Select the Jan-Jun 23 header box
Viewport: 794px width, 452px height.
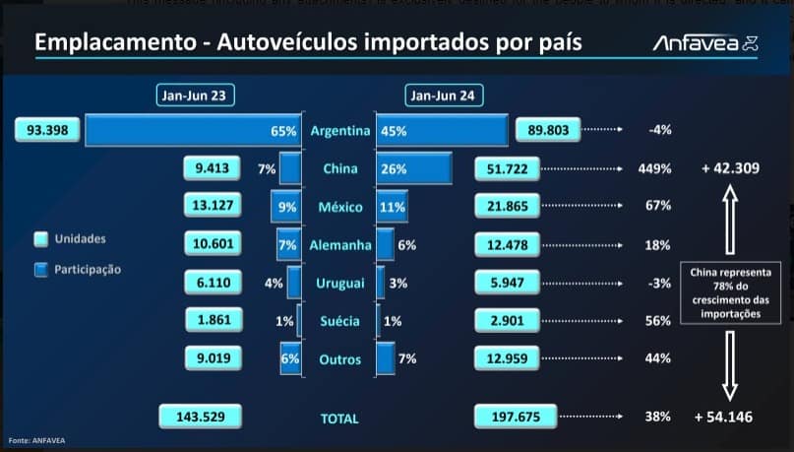click(x=196, y=96)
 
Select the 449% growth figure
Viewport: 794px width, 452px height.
click(x=654, y=169)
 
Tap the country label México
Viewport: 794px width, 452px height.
click(x=339, y=208)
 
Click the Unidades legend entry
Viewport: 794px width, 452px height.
click(x=78, y=239)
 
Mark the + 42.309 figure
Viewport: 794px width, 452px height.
click(x=729, y=168)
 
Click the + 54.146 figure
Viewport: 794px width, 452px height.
click(x=723, y=418)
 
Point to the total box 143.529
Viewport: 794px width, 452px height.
click(x=199, y=418)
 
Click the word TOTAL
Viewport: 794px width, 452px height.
click(x=339, y=419)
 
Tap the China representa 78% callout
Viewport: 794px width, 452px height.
click(x=730, y=291)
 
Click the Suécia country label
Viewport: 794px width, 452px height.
click(x=339, y=322)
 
